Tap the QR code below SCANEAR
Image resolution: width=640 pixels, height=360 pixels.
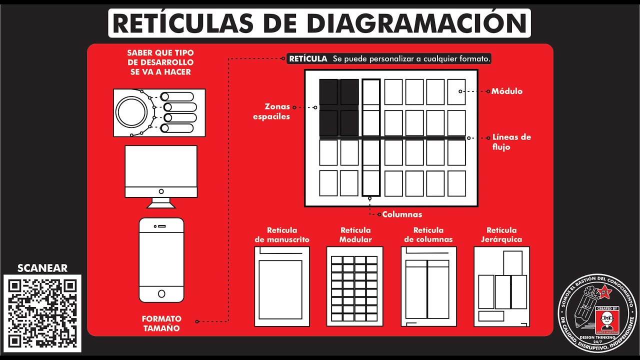tap(42, 313)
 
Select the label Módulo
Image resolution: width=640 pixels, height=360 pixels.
tap(506, 91)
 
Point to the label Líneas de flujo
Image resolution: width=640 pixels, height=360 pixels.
tap(511, 142)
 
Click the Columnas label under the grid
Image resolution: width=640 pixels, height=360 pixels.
tap(402, 214)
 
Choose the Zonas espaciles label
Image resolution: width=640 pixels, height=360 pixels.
tap(271, 111)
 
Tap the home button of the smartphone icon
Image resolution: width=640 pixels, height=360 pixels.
tap(161, 293)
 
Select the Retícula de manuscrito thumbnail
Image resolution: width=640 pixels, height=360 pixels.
tap(282, 286)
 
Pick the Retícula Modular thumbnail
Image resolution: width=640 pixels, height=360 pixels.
tap(354, 286)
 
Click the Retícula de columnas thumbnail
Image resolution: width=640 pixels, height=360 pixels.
tap(428, 286)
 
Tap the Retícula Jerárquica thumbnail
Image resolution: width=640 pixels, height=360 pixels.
tap(501, 286)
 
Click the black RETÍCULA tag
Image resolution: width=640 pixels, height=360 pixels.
tap(308, 59)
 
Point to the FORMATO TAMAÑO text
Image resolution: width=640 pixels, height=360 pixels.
tap(161, 323)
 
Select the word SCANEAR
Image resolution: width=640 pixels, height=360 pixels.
tap(42, 268)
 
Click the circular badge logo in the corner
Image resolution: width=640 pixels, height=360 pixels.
tap(598, 313)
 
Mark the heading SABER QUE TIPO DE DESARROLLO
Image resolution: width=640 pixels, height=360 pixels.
tap(160, 62)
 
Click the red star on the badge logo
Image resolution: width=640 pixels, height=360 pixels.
tap(605, 291)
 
